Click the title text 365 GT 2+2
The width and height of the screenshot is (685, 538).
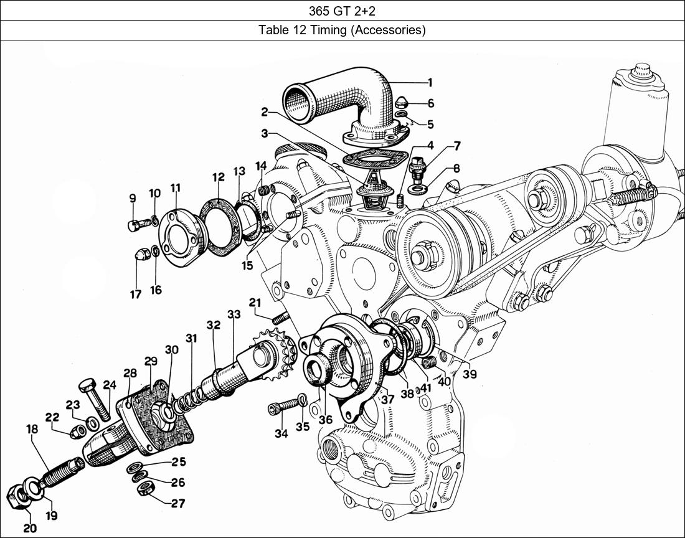pos(342,11)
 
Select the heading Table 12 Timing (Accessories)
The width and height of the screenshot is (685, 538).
pos(342,30)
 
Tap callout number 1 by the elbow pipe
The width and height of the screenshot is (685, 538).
pos(430,82)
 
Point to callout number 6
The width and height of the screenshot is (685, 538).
pos(430,104)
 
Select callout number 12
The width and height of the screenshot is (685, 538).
pos(217,177)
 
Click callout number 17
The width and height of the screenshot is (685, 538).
pos(136,295)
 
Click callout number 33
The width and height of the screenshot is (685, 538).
pos(234,314)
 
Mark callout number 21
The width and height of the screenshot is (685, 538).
pos(254,303)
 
